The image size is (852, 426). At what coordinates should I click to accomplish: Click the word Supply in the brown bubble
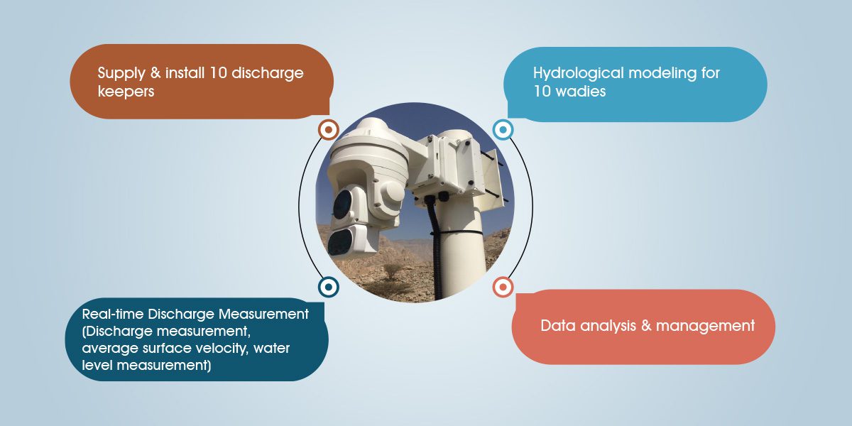[x=121, y=73]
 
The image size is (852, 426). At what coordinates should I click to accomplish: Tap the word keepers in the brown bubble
[x=126, y=92]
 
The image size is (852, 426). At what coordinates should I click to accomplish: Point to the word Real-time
[x=113, y=314]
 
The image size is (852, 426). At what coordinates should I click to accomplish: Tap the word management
[x=706, y=326]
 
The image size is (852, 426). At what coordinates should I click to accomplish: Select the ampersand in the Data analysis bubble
[x=646, y=326]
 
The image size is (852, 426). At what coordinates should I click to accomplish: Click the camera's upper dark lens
[x=342, y=204]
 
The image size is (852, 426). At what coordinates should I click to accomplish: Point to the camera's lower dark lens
[x=339, y=242]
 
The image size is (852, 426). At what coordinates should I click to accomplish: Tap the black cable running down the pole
[x=435, y=247]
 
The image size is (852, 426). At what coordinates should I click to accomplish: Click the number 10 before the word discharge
[x=218, y=73]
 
